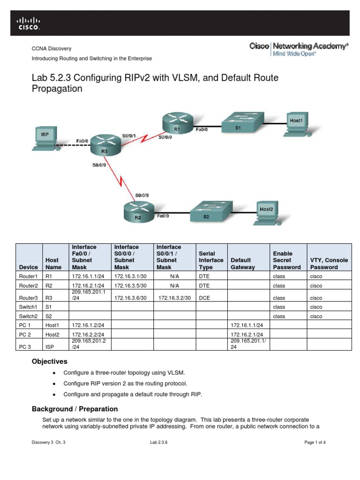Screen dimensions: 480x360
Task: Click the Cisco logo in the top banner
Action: tap(29, 23)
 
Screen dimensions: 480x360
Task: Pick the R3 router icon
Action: tap(105, 145)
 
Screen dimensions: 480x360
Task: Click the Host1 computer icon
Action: tap(297, 124)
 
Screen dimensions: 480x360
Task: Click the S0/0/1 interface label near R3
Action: tap(129, 136)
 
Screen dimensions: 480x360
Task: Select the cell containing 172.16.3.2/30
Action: tap(174, 298)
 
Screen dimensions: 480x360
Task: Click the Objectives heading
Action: tap(49, 361)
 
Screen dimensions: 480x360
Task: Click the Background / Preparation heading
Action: tap(75, 409)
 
